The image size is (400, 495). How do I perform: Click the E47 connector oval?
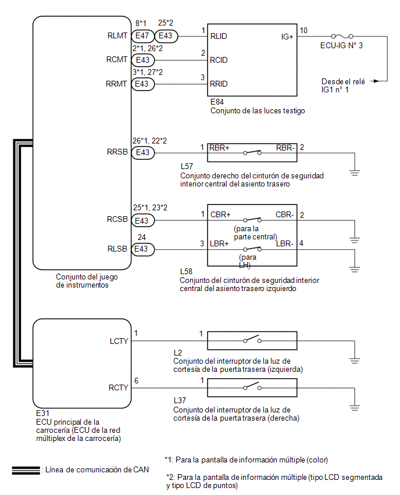pyautogui.click(x=142, y=36)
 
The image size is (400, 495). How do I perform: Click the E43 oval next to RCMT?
pyautogui.click(x=143, y=60)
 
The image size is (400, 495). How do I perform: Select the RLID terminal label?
pyautogui.click(x=219, y=36)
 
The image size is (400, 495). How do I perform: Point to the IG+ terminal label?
pyautogui.click(x=287, y=37)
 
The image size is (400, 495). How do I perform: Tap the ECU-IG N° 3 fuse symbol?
pyautogui.click(x=342, y=36)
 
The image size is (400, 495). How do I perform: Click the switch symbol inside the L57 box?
pyautogui.click(x=252, y=152)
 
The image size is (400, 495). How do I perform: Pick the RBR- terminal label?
pyautogui.click(x=285, y=148)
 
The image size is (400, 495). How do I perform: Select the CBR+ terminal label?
pyautogui.click(x=220, y=214)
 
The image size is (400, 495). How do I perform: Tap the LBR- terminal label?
pyautogui.click(x=285, y=243)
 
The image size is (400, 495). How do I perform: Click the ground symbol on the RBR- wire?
pyautogui.click(x=355, y=173)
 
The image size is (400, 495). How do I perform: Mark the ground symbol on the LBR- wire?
pyautogui.click(x=355, y=270)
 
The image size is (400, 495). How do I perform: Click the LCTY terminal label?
pyautogui.click(x=119, y=341)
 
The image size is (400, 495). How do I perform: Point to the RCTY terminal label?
pyautogui.click(x=118, y=388)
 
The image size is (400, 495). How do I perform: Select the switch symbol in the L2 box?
pyautogui.click(x=252, y=340)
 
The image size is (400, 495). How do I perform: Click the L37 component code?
pyautogui.click(x=180, y=400)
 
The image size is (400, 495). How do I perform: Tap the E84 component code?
pyautogui.click(x=217, y=102)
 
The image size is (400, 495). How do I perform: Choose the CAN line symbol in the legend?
pyautogui.click(x=26, y=471)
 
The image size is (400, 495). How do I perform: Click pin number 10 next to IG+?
pyautogui.click(x=303, y=30)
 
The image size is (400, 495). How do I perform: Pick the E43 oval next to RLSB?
pyautogui.click(x=143, y=249)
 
